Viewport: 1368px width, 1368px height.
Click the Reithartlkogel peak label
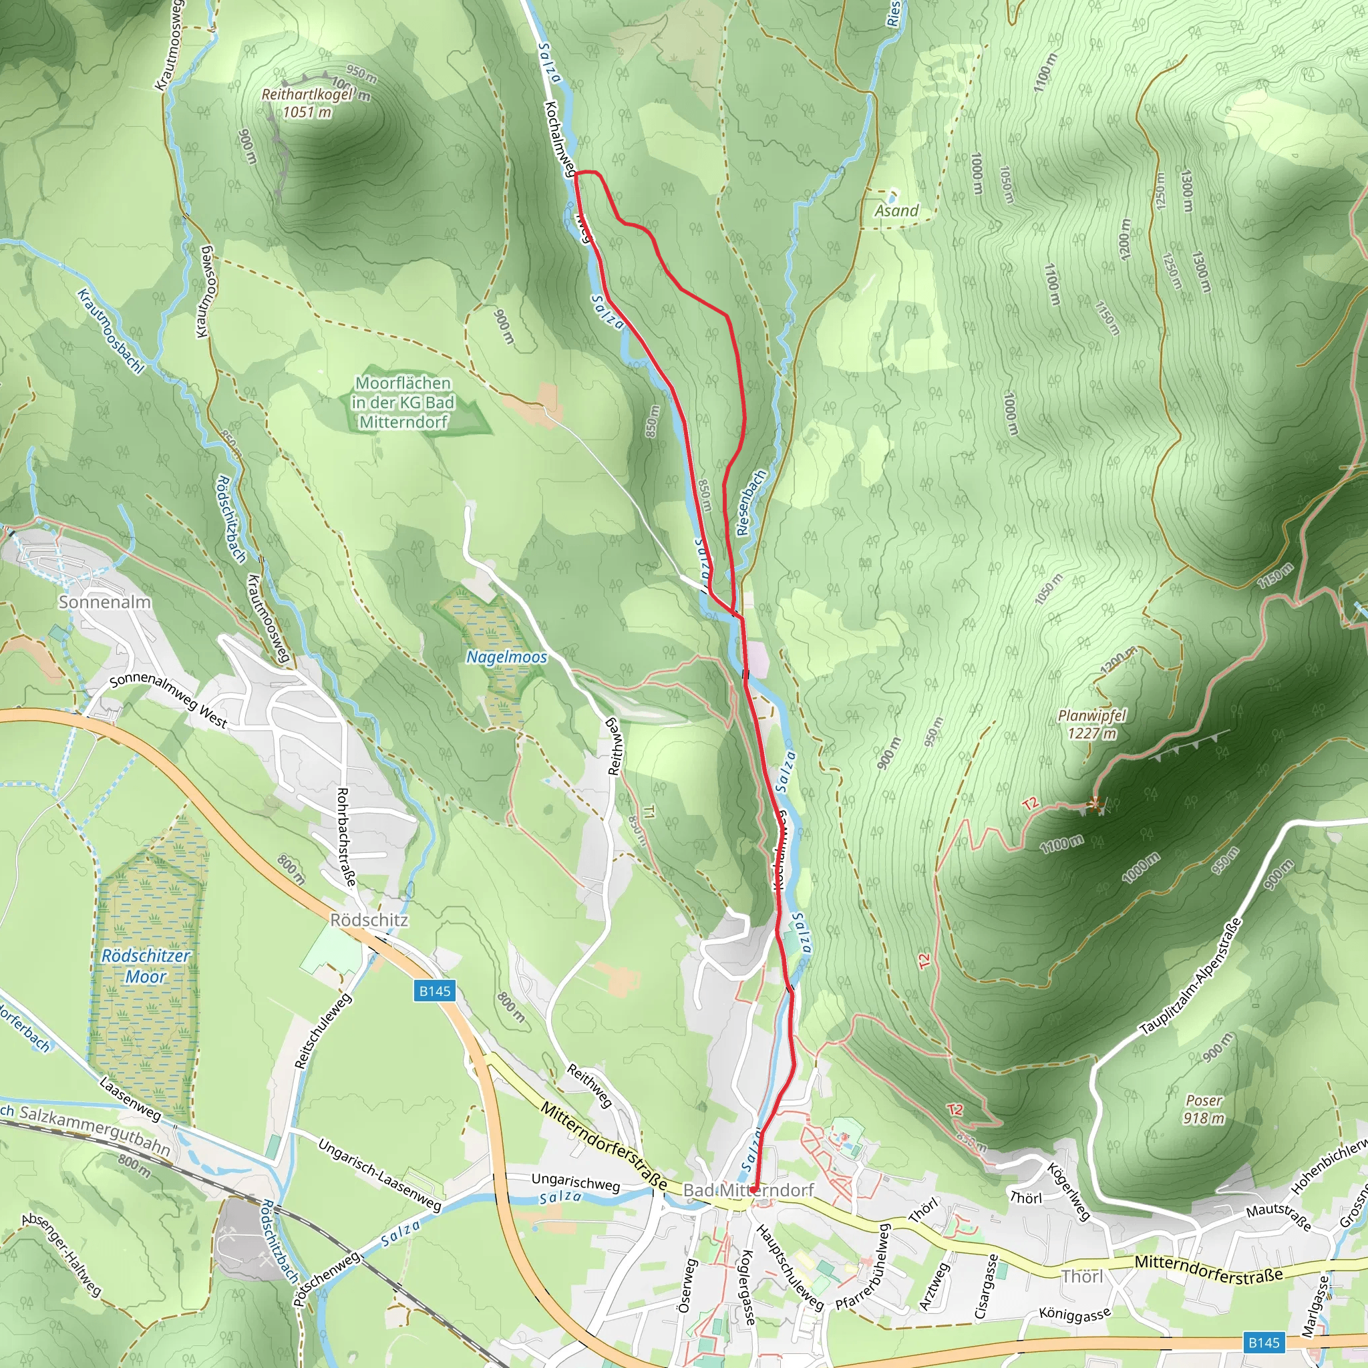306,103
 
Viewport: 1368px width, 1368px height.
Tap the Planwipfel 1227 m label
1091,724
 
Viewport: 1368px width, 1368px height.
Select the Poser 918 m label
1204,1109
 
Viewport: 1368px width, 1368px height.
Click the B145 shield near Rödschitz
434,991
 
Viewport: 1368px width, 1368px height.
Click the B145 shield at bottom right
1263,1342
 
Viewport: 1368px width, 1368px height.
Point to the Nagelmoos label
506,657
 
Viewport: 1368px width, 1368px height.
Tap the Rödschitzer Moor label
146,966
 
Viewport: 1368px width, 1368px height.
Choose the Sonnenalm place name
105,602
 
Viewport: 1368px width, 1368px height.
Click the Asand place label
896,210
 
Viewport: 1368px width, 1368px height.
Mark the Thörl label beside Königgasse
1082,1276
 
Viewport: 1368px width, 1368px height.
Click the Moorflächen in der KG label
403,402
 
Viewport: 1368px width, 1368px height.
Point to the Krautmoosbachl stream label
110,331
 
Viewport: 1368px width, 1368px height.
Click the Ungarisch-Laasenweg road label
379,1175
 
